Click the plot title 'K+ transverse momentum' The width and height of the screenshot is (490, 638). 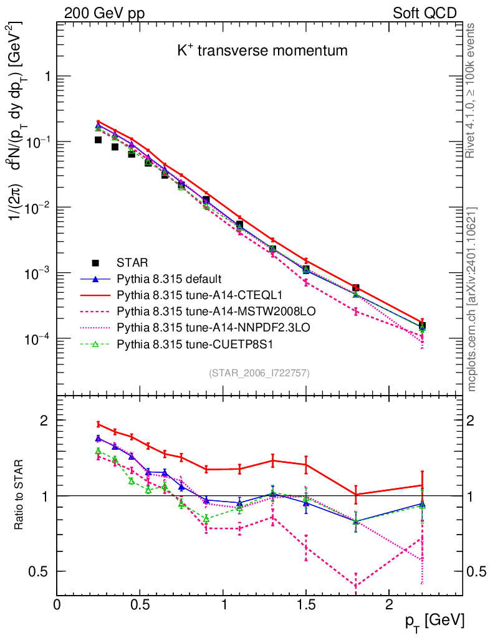(x=262, y=51)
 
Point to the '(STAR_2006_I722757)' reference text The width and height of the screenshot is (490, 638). (x=259, y=373)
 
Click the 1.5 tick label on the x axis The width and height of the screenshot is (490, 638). (x=305, y=604)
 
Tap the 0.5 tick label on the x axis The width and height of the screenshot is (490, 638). (x=140, y=604)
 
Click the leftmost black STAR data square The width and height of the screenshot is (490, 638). (x=98, y=140)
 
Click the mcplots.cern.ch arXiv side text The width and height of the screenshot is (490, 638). (x=472, y=299)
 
